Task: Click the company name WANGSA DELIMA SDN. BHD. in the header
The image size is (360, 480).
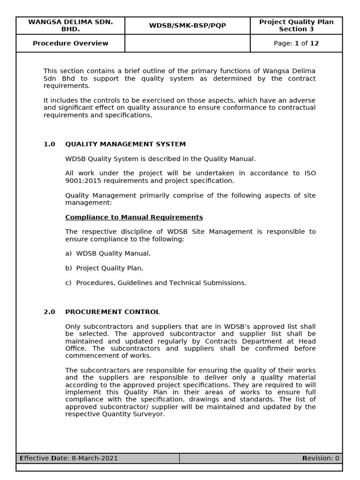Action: pyautogui.click(x=70, y=26)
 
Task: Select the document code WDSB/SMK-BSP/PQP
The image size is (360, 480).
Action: pyautogui.click(x=187, y=26)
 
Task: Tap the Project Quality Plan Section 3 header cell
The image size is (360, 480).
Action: pyautogui.click(x=296, y=26)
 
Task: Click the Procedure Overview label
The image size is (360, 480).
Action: pyautogui.click(x=70, y=44)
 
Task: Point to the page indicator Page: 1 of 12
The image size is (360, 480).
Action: pyautogui.click(x=296, y=44)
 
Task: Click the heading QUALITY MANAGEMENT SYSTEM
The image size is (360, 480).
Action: pyautogui.click(x=125, y=144)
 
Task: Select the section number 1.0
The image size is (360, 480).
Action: pyautogui.click(x=49, y=144)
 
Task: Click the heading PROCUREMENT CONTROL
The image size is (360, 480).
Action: pyautogui.click(x=112, y=312)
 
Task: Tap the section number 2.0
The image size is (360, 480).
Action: pyautogui.click(x=49, y=312)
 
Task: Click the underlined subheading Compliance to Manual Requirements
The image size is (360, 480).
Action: pyautogui.click(x=134, y=217)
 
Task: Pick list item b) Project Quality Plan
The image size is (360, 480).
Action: pyautogui.click(x=104, y=268)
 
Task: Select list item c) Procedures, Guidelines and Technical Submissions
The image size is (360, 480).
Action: pyautogui.click(x=156, y=283)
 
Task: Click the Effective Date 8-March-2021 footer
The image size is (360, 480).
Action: pyautogui.click(x=69, y=458)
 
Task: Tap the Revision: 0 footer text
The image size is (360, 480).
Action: pyautogui.click(x=321, y=458)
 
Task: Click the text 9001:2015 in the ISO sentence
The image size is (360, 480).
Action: pyautogui.click(x=82, y=181)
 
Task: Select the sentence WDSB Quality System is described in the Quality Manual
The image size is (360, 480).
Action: pyautogui.click(x=160, y=159)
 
